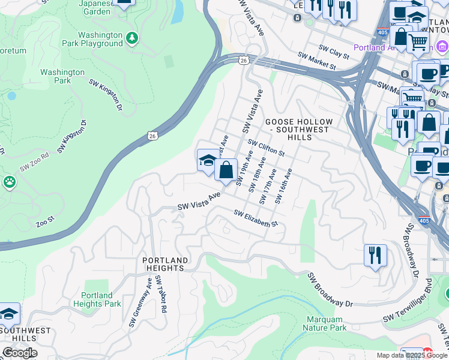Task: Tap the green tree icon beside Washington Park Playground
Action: (132, 38)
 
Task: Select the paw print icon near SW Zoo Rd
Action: (9, 181)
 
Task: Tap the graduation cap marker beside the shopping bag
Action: (208, 161)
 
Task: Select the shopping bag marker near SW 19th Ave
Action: (226, 170)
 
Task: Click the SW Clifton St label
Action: (267, 148)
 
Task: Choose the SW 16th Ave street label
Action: (284, 186)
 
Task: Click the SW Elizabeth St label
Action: (256, 218)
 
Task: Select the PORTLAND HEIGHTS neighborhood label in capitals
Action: (165, 264)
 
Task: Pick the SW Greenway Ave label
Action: (140, 302)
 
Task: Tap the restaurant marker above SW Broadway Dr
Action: (375, 255)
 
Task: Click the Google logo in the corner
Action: (20, 353)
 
